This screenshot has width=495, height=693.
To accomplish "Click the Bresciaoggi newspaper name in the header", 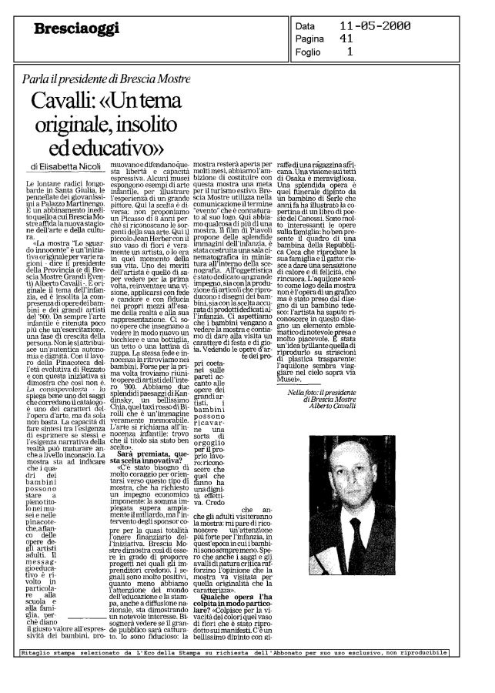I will click(x=66, y=29).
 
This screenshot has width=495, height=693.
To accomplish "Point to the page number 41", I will click(x=347, y=39).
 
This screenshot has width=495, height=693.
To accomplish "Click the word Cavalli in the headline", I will click(x=80, y=102).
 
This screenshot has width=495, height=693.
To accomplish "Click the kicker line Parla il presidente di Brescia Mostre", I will click(x=107, y=79).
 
